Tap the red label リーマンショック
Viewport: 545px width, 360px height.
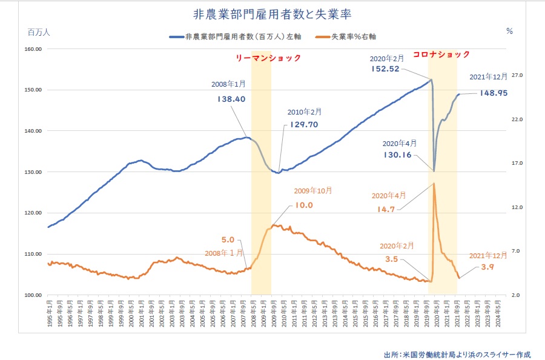coord(268,58)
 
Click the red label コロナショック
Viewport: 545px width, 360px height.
coord(441,54)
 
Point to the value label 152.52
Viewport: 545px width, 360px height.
coord(386,69)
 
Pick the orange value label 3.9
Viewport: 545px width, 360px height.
coord(486,268)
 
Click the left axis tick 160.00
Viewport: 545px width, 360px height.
coord(31,49)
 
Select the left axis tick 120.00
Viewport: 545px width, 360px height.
coord(31,213)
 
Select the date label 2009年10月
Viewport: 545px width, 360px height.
coord(312,190)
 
